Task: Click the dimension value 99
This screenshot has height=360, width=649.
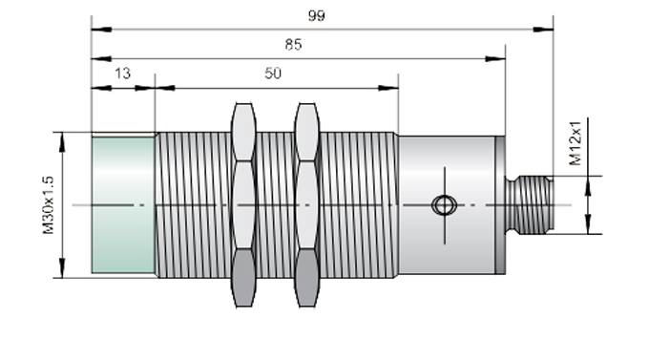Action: [317, 15]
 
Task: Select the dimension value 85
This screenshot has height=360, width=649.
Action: [293, 44]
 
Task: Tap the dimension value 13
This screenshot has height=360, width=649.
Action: [122, 74]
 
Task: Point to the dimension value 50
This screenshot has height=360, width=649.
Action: [273, 74]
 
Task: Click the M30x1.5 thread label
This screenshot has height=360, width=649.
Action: [49, 204]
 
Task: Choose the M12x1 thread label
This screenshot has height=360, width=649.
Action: [575, 143]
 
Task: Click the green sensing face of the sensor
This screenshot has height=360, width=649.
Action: [123, 205]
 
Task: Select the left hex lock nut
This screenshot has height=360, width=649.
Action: [243, 205]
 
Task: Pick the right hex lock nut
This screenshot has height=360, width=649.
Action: [306, 205]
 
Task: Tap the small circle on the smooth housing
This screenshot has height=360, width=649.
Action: [445, 205]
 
